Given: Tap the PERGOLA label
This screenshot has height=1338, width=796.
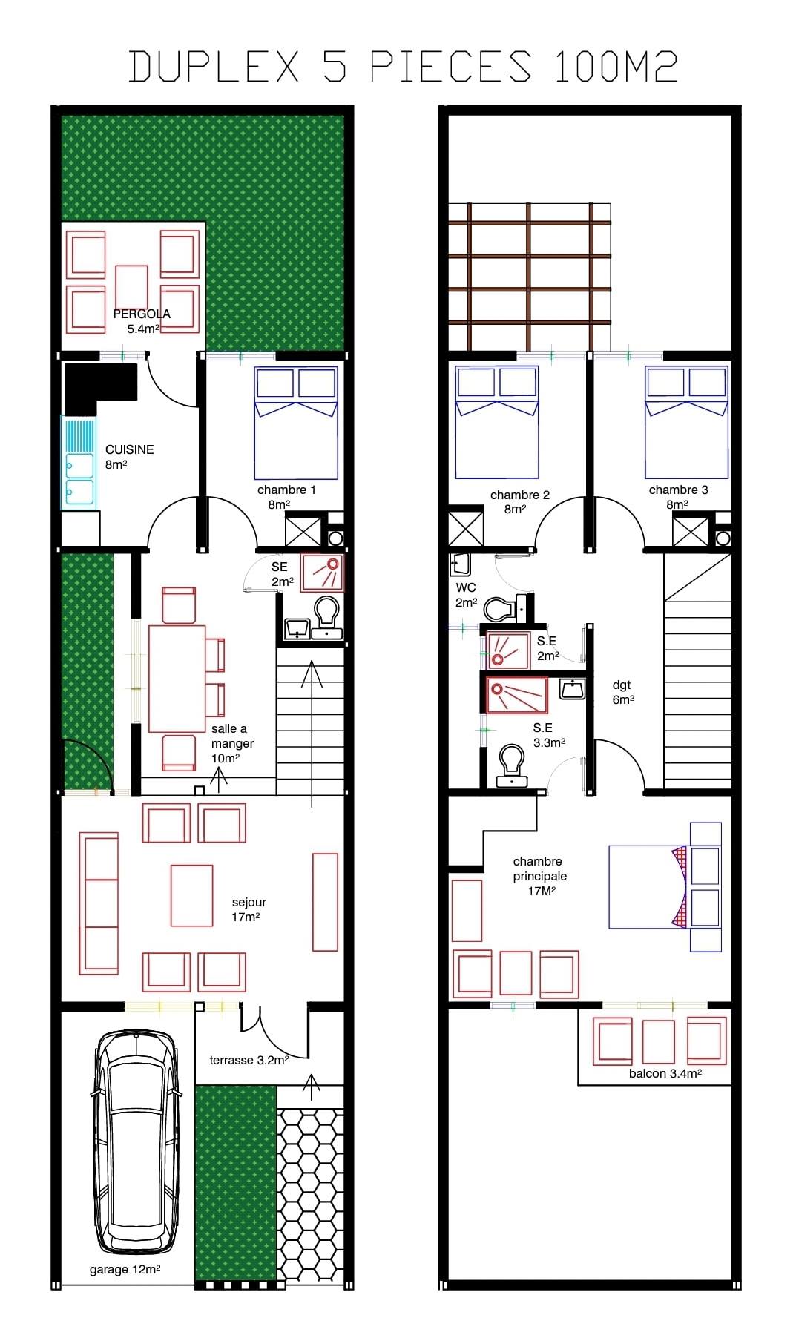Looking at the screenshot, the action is pyautogui.click(x=142, y=314).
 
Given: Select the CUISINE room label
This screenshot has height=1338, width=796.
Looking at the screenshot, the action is pyautogui.click(x=130, y=449).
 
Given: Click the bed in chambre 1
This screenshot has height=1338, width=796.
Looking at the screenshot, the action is pyautogui.click(x=296, y=423).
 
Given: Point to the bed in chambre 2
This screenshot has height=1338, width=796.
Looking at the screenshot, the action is pyautogui.click(x=496, y=423).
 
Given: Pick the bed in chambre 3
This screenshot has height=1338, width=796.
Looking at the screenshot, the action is pyautogui.click(x=686, y=423).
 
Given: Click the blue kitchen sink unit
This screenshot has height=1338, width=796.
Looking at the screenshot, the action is pyautogui.click(x=79, y=462).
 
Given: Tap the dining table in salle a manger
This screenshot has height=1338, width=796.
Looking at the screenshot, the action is pyautogui.click(x=177, y=679).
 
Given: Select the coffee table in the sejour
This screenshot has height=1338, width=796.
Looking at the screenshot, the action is pyautogui.click(x=191, y=895).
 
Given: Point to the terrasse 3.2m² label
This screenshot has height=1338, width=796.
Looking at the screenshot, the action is pyautogui.click(x=249, y=1061).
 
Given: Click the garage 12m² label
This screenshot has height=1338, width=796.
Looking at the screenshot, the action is pyautogui.click(x=125, y=1270).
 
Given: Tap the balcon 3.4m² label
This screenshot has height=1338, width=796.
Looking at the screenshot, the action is pyautogui.click(x=665, y=1073).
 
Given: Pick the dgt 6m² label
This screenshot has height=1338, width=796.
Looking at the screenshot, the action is pyautogui.click(x=623, y=692).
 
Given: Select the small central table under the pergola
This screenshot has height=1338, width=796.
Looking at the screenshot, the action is pyautogui.click(x=132, y=288).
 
